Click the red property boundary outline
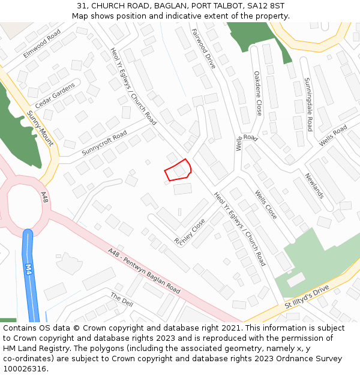coord(178,169)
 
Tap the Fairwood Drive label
coord(203,48)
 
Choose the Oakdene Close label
coord(257,93)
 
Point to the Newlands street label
coord(314,185)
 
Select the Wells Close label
coord(266,205)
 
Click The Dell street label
coord(122,299)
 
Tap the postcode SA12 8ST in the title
coord(265,6)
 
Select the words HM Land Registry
coord(32,338)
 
